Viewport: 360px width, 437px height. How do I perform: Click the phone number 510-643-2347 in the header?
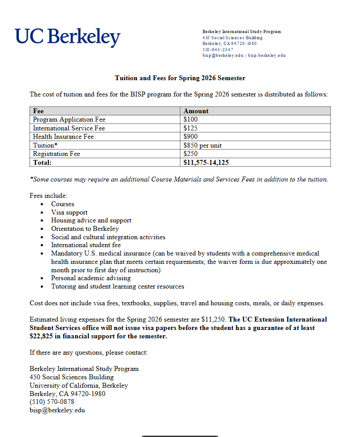click(x=217, y=50)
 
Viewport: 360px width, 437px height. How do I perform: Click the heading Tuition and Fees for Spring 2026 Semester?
click(x=180, y=78)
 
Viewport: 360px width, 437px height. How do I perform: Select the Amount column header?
click(x=196, y=111)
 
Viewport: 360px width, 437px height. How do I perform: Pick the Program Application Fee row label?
click(x=69, y=119)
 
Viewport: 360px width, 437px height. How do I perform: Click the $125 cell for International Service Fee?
click(x=191, y=128)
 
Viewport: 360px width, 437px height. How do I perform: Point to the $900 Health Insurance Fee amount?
click(x=191, y=137)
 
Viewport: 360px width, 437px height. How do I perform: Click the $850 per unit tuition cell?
click(x=206, y=145)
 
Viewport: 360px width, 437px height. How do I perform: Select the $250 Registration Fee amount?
click(x=191, y=154)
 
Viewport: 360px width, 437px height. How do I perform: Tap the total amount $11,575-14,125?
click(x=206, y=163)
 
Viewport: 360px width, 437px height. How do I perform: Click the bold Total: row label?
click(x=42, y=163)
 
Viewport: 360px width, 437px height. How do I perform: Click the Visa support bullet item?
click(x=69, y=212)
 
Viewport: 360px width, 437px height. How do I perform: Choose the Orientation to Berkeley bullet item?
click(x=85, y=229)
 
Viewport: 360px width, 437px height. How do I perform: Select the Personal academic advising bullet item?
click(x=91, y=278)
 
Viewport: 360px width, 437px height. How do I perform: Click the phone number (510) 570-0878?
click(x=52, y=402)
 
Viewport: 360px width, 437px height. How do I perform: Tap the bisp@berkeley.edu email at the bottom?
click(x=57, y=410)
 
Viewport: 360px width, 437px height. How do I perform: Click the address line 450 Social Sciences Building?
click(x=71, y=377)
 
